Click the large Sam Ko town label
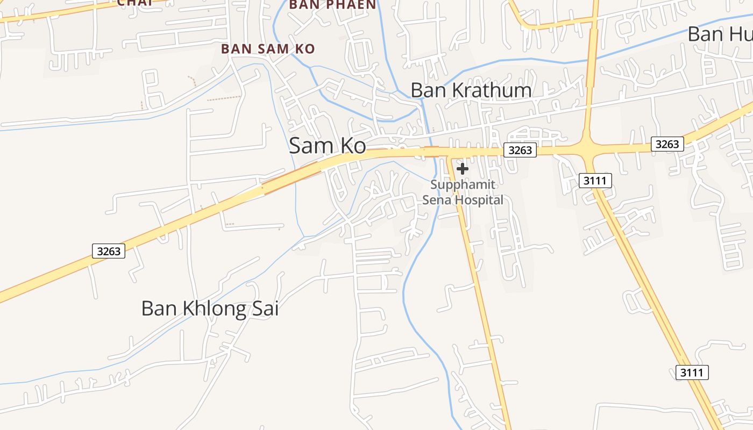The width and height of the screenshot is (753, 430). pyautogui.click(x=328, y=146)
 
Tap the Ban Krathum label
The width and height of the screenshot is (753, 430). pyautogui.click(x=471, y=90)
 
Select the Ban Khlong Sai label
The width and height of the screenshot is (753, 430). pyautogui.click(x=210, y=309)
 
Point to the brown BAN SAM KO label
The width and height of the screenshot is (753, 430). pyautogui.click(x=268, y=49)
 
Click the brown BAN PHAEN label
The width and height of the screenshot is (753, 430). pyautogui.click(x=332, y=5)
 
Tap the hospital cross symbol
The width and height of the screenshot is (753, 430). pyautogui.click(x=462, y=169)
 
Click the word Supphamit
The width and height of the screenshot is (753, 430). pyautogui.click(x=462, y=185)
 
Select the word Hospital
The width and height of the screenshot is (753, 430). pyautogui.click(x=479, y=200)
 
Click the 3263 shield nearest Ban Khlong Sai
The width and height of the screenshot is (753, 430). pyautogui.click(x=109, y=251)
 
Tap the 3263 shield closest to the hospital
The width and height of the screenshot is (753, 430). pyautogui.click(x=521, y=150)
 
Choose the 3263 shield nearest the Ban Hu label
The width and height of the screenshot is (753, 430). pyautogui.click(x=667, y=144)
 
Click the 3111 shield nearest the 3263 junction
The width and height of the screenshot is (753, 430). pyautogui.click(x=595, y=181)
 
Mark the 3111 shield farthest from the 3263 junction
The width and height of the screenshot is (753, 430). pyautogui.click(x=692, y=372)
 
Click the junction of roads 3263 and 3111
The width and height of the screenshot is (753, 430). pyautogui.click(x=587, y=147)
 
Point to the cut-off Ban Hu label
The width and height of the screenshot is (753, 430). pyautogui.click(x=720, y=34)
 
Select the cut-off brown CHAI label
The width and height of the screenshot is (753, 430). pyautogui.click(x=134, y=3)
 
